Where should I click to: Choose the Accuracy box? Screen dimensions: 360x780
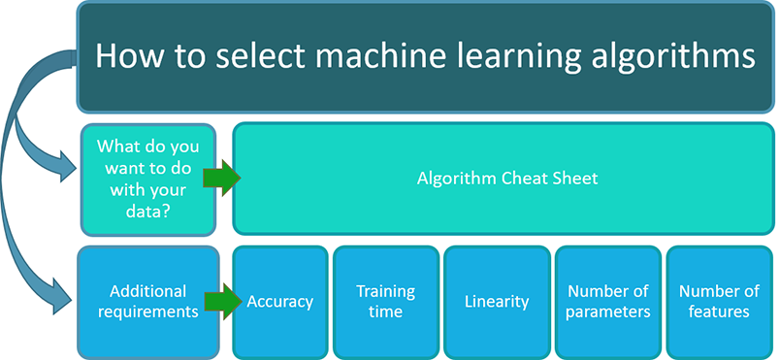point(279,301)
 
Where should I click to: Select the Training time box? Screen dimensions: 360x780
point(385,301)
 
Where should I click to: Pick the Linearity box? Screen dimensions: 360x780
point(496,301)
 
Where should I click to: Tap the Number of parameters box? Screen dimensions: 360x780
point(606,301)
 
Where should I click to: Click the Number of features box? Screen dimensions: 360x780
point(718,301)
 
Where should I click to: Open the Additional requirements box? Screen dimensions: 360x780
point(148,301)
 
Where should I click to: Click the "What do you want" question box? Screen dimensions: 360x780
point(148,179)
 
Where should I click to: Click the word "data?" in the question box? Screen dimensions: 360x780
point(148,209)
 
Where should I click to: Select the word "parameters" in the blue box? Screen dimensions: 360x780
point(606,311)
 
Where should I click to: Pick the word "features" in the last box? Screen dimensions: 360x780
point(718,311)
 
